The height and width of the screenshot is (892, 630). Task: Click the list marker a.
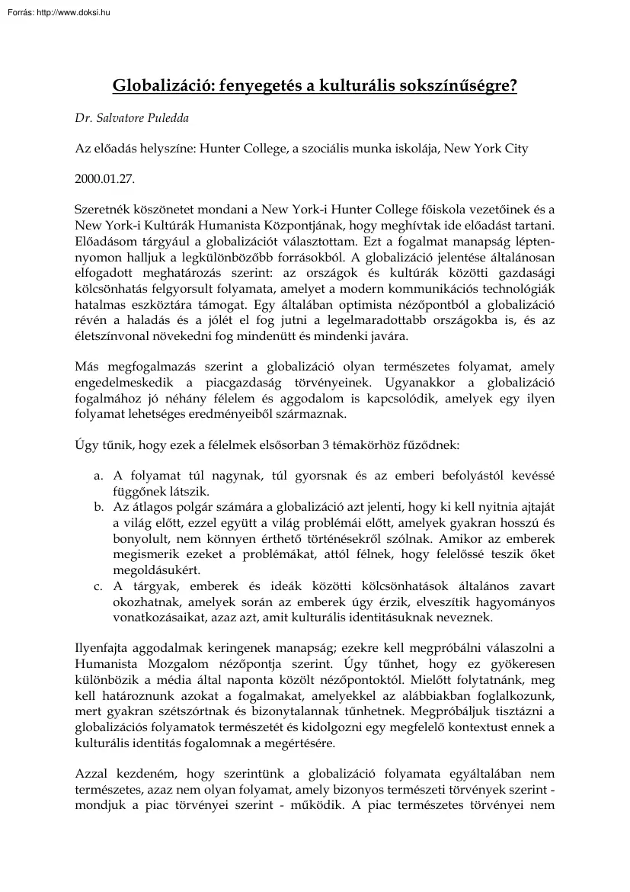98,476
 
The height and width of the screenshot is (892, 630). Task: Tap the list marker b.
98,505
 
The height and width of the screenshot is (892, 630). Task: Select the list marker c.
98,586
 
